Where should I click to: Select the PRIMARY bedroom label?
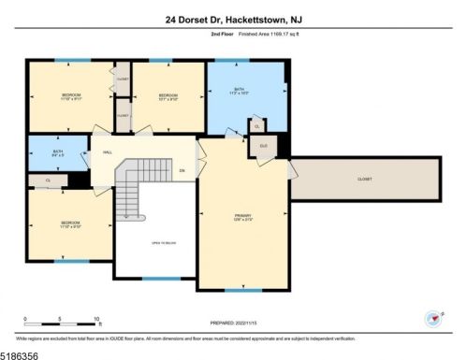coord(243,217)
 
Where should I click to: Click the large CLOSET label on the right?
coord(364,179)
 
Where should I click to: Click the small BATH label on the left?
coord(57,152)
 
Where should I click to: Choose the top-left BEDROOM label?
coord(71,96)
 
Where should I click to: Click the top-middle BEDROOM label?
coord(168,96)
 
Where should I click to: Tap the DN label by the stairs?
coord(182,170)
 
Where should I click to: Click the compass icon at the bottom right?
coord(432,317)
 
